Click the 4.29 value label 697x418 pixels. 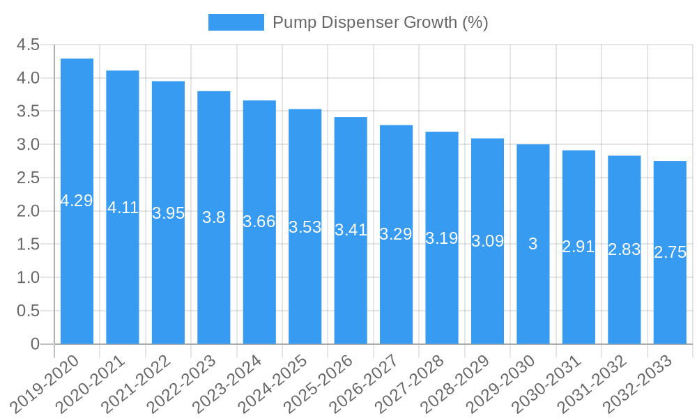[x=77, y=201]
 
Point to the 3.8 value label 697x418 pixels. [x=214, y=217]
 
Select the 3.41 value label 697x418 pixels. [x=351, y=230]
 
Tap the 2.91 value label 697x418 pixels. [x=579, y=246]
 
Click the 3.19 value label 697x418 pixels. [x=442, y=238]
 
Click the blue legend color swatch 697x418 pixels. [x=236, y=22]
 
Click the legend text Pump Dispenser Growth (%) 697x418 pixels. [x=380, y=22]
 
